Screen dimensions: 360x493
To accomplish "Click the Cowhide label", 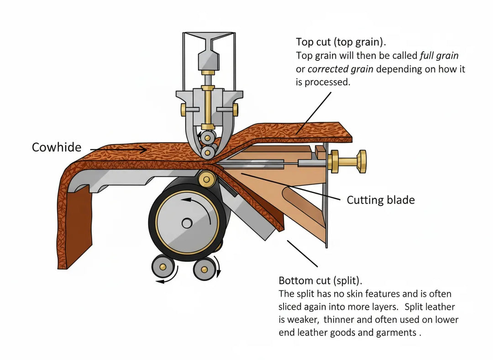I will coord(57,148).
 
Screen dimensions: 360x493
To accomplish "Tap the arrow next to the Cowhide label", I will coord(118,149).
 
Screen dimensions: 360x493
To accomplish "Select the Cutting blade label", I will coord(381,200).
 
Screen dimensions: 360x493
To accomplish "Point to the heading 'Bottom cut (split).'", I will coord(324,280).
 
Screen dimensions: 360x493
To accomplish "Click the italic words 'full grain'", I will coord(439,56).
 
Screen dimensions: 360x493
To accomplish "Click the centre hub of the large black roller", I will coord(187,223).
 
